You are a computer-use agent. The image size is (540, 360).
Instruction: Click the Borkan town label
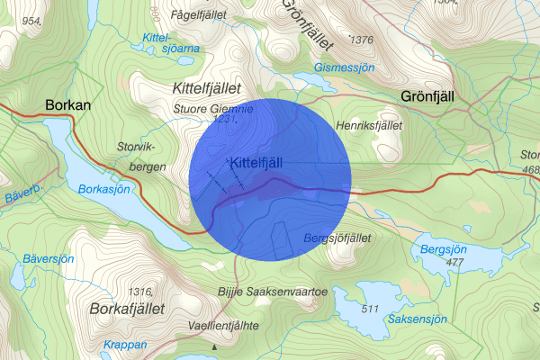67,106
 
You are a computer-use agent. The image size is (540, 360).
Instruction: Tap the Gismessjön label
344,67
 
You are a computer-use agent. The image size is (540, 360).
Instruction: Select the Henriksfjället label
366,125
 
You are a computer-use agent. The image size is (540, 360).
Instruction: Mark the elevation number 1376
361,40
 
